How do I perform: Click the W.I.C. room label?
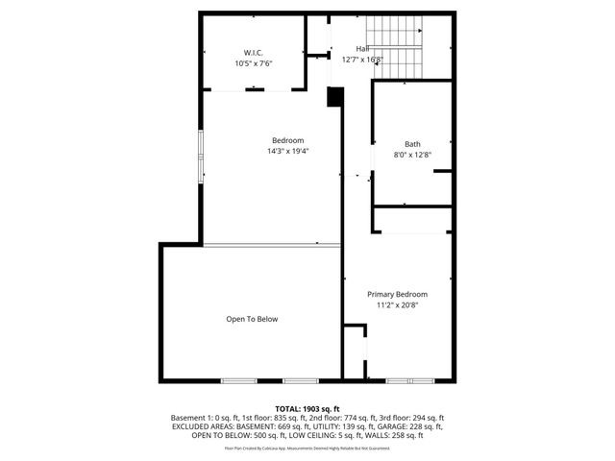click(254, 52)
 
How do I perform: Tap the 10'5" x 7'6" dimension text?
click(254, 63)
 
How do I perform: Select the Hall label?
click(362, 48)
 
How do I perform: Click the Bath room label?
click(412, 143)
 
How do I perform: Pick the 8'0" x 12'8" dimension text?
click(412, 155)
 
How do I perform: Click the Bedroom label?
click(287, 140)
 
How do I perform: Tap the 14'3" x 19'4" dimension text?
click(287, 152)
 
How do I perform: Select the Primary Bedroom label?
click(397, 294)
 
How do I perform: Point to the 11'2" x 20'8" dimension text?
click(397, 305)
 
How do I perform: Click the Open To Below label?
click(252, 319)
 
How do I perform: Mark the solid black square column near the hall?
click(335, 97)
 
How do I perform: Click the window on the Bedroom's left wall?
click(201, 156)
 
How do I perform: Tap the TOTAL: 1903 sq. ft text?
click(307, 408)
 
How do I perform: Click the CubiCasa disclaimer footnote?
click(307, 448)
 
